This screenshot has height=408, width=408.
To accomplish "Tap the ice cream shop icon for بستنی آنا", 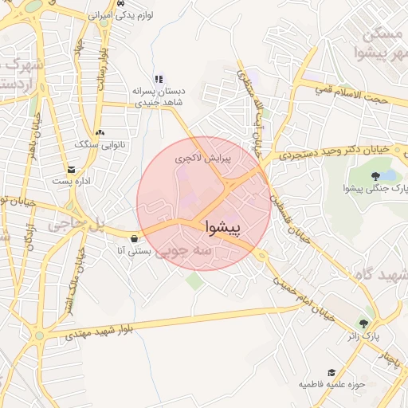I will (x=133, y=237).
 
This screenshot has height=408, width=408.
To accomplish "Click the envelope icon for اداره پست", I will (x=72, y=170).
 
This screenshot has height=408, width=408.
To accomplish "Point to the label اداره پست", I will (x=72, y=182).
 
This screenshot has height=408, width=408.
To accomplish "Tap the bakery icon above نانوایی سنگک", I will (x=99, y=132).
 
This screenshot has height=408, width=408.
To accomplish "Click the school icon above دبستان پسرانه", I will (x=158, y=79).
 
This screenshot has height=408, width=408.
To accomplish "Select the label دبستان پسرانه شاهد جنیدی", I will (x=158, y=96).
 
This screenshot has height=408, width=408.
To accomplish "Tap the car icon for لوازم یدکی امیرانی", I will (x=120, y=4).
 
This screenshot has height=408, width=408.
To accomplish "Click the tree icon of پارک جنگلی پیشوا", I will (x=375, y=175).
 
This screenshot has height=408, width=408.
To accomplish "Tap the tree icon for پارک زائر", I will (x=364, y=324).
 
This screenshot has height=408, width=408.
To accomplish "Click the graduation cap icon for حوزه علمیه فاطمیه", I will (x=331, y=372).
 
